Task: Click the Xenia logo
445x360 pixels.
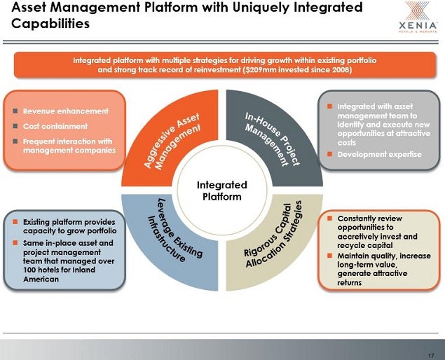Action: [418, 16]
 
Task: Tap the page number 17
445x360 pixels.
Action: [431, 356]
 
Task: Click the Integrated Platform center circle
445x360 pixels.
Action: [222, 191]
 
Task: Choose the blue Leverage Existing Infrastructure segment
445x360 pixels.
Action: [170, 241]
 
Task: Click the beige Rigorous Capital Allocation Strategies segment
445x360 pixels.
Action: [274, 241]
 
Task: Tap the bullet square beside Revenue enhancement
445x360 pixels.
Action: [15, 111]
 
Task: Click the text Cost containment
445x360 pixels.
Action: [55, 126]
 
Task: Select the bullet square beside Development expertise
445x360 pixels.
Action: [329, 154]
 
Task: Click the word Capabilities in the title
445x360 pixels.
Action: [50, 24]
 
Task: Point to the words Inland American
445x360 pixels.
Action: [59, 275]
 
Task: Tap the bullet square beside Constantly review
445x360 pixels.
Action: [329, 218]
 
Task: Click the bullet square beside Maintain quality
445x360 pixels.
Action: [329, 256]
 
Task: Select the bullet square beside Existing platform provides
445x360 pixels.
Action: [15, 221]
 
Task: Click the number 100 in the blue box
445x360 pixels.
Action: [29, 270]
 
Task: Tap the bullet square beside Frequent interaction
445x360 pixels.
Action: [15, 141]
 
